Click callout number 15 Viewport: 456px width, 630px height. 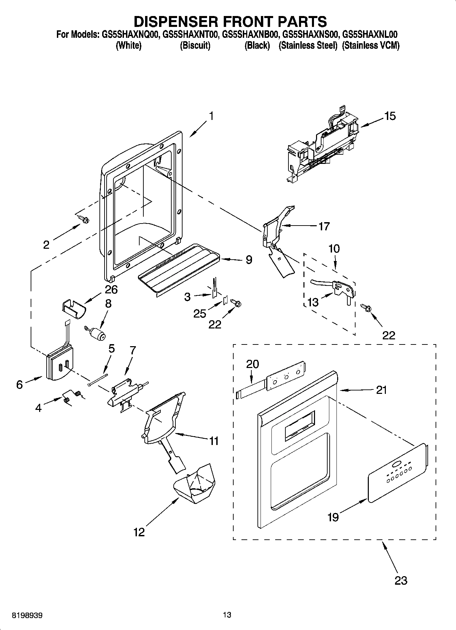pyautogui.click(x=390, y=116)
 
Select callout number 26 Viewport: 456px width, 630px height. pyautogui.click(x=111, y=290)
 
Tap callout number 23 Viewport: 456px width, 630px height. pyautogui.click(x=400, y=580)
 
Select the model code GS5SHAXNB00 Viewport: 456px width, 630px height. pyautogui.click(x=251, y=34)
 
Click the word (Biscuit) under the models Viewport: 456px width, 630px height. pyautogui.click(x=195, y=45)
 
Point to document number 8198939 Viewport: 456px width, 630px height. pyautogui.click(x=27, y=615)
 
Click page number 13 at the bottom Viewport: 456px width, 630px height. pyautogui.click(x=227, y=615)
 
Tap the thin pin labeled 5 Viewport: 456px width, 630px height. pyautogui.click(x=98, y=380)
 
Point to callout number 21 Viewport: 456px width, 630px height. pyautogui.click(x=381, y=390)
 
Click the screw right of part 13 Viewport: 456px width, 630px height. pyautogui.click(x=366, y=307)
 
